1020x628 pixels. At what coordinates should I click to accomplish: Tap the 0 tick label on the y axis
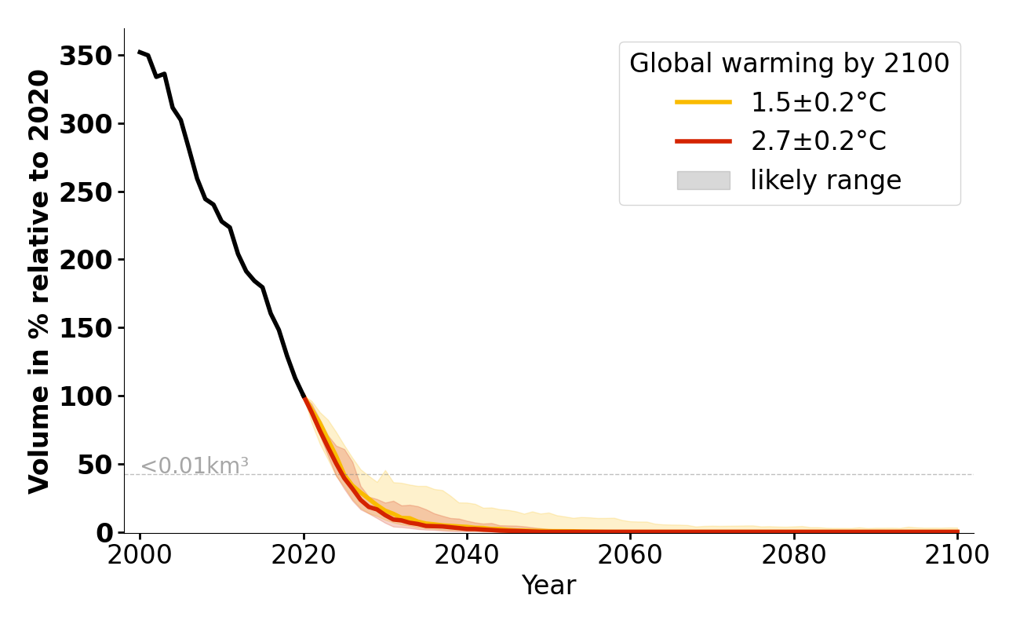click(105, 533)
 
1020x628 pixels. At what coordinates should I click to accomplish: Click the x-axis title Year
click(548, 586)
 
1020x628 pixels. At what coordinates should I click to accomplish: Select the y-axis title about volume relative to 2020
click(39, 281)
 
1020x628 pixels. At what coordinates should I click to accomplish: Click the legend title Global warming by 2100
click(789, 64)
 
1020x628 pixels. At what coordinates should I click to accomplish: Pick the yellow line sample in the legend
click(703, 102)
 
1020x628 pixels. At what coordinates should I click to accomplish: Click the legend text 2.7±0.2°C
click(818, 141)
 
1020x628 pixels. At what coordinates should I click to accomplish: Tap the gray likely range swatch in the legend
click(703, 181)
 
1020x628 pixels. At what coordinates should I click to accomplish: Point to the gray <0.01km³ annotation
click(195, 466)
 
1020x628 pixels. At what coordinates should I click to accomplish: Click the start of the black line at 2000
click(140, 52)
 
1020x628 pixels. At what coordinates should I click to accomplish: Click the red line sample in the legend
click(703, 141)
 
